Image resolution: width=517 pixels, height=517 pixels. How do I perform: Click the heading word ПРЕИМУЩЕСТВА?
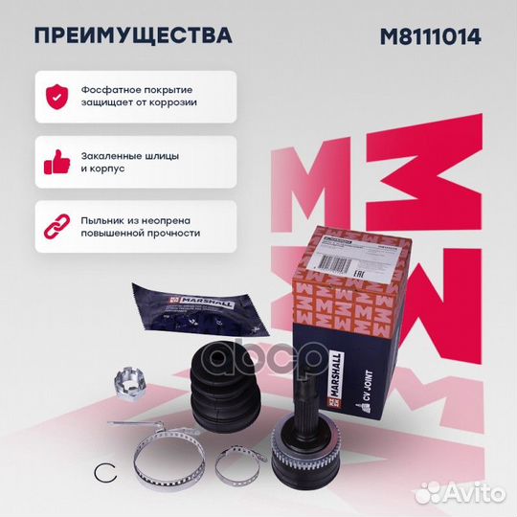[x=133, y=36]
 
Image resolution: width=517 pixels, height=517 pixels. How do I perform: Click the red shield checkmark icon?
[x=57, y=93]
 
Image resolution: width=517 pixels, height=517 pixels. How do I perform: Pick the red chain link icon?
[x=57, y=224]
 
